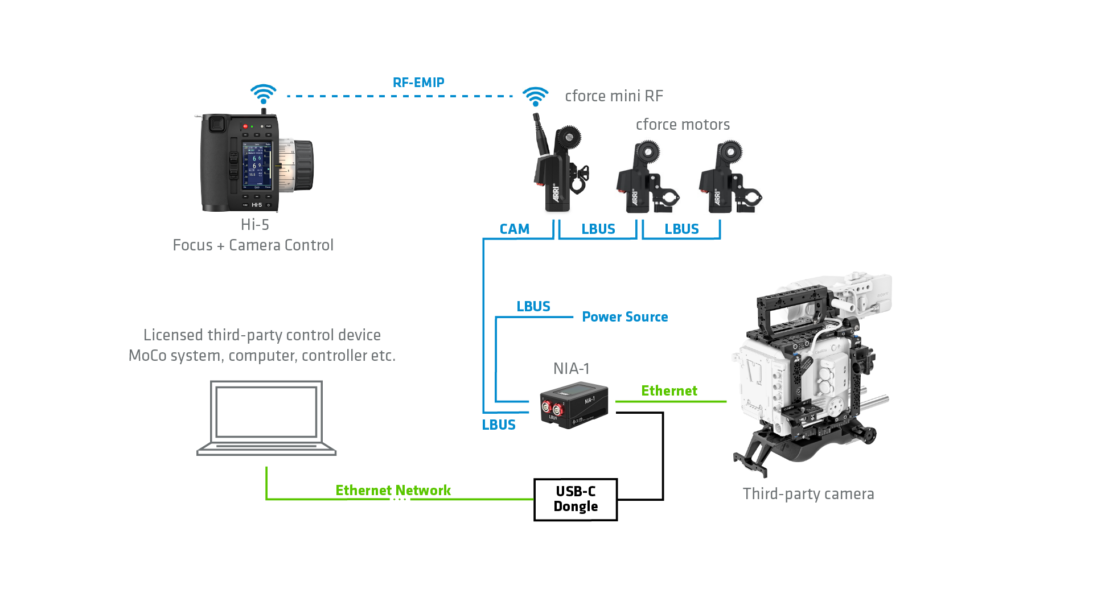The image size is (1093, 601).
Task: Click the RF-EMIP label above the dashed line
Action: (x=418, y=83)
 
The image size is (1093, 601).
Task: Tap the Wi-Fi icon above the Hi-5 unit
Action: (x=263, y=94)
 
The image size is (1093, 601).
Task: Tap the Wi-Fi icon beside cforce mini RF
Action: (x=535, y=96)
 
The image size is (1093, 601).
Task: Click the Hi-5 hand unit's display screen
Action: (x=257, y=165)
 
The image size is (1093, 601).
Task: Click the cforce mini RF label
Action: (x=614, y=96)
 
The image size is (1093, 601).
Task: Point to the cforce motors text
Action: (x=683, y=125)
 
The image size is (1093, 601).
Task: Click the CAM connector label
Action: (x=514, y=229)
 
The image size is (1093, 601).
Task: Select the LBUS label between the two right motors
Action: (x=681, y=229)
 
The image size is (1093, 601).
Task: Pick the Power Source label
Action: (x=624, y=317)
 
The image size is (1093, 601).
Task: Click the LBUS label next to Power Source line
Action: (x=533, y=307)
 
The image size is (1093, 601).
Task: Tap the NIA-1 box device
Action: (x=574, y=406)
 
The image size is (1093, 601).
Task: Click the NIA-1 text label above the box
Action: (x=571, y=369)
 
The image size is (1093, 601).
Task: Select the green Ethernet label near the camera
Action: (x=669, y=391)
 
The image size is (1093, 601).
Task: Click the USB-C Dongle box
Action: (x=576, y=499)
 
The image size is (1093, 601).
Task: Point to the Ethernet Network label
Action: (x=393, y=490)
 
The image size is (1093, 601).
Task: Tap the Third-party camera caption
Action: (x=808, y=494)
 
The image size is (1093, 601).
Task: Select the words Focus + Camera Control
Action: (x=253, y=245)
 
